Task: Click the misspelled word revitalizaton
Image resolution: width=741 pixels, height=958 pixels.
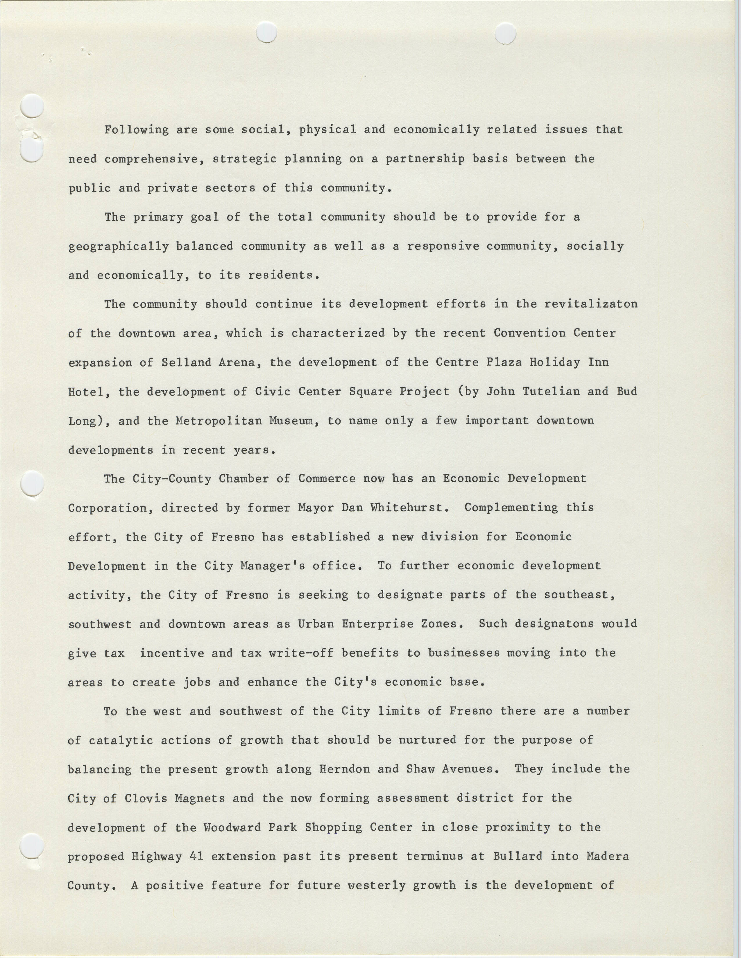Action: click(x=590, y=304)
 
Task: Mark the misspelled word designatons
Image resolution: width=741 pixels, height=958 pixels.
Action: click(x=554, y=624)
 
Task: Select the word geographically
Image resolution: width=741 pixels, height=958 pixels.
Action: click(x=118, y=246)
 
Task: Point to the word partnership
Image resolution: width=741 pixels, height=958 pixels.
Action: click(x=425, y=159)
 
